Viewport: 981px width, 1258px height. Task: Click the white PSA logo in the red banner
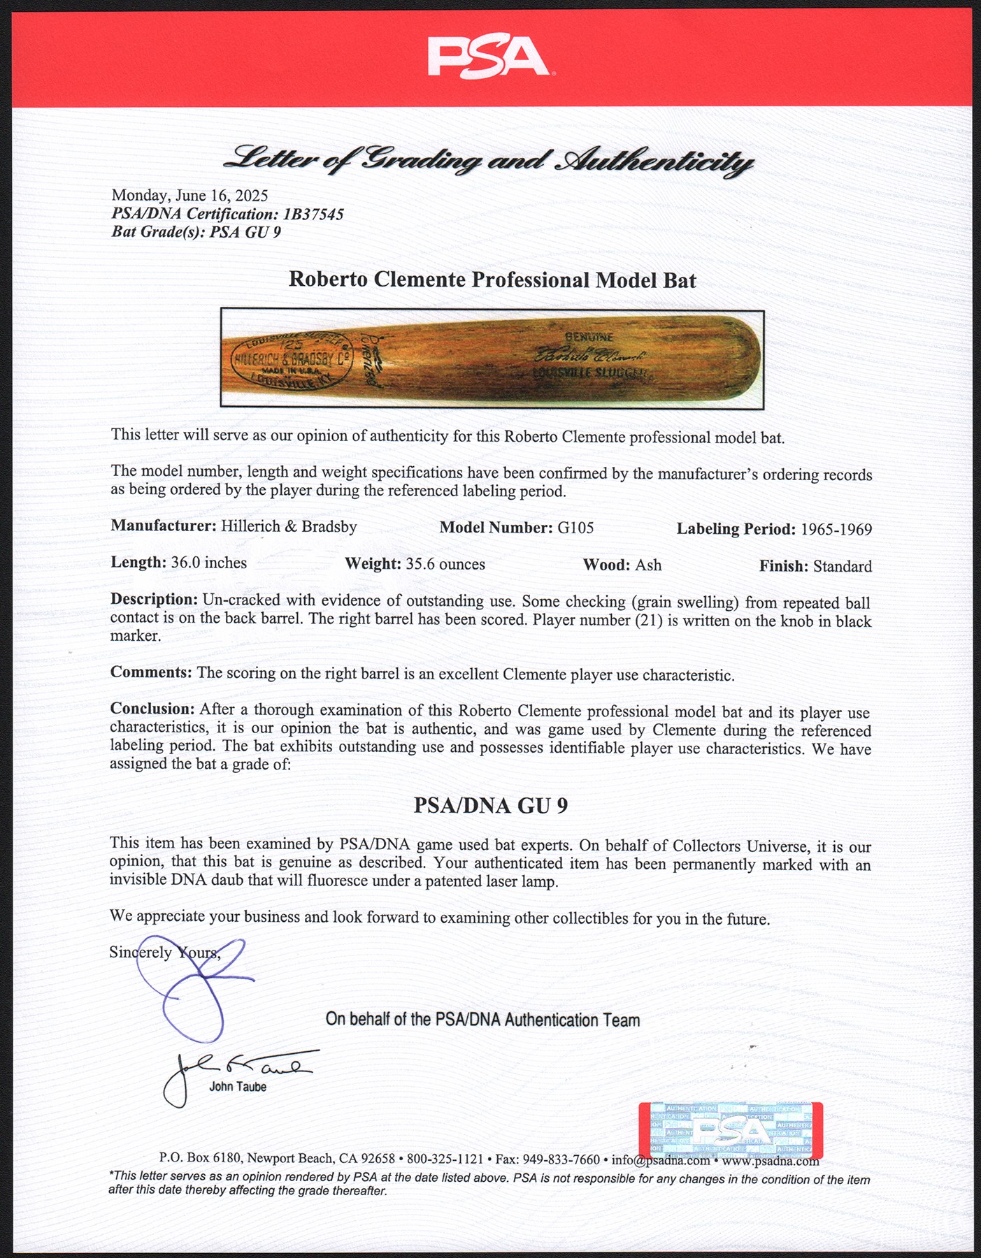point(488,57)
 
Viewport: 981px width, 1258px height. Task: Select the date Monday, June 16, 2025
point(189,196)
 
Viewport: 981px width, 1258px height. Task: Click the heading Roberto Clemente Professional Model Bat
point(492,280)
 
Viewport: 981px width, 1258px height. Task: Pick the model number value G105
point(575,528)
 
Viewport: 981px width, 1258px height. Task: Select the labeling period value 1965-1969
point(836,529)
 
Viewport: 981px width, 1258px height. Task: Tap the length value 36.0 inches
point(208,563)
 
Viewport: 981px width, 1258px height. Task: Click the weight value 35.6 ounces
point(445,564)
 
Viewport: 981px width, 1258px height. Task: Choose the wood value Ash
point(648,565)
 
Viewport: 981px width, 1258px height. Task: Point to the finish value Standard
point(842,566)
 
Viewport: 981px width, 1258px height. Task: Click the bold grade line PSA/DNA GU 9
point(490,806)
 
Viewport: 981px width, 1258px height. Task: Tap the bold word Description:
point(154,599)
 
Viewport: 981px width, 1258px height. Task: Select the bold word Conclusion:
point(152,709)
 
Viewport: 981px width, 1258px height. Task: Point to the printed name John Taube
point(238,1087)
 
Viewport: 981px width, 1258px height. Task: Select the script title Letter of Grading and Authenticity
point(488,160)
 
